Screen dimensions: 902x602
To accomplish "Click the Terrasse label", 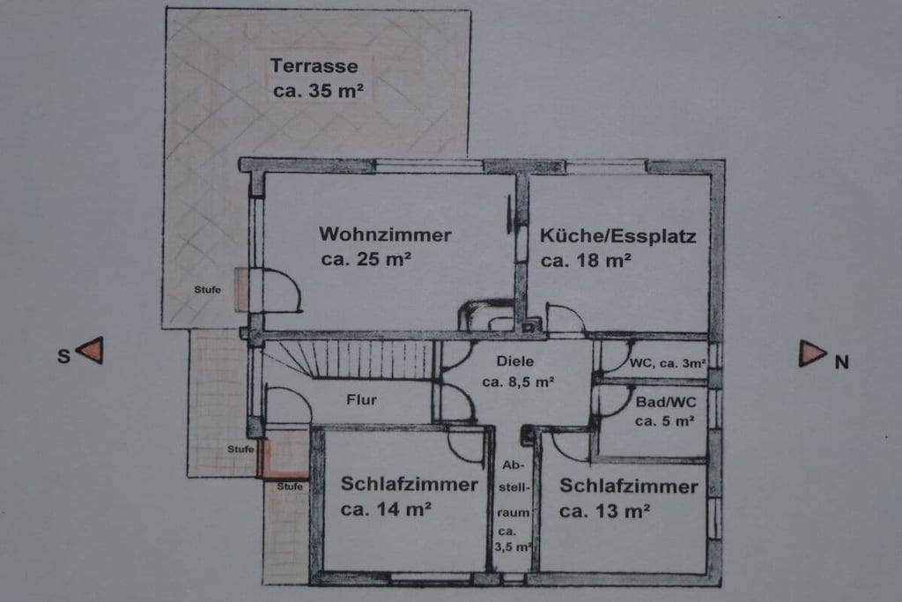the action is pos(314,65).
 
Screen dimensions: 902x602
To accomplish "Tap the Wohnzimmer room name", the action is pos(385,234).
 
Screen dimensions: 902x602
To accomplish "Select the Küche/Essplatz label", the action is pos(617,236).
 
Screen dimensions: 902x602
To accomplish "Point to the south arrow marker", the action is pos(91,351).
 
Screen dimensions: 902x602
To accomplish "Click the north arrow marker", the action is pos(812,354).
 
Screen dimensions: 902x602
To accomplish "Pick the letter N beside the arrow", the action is pos(841,362).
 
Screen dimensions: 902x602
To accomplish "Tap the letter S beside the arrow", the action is pos(63,356).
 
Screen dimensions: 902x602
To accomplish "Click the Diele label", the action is pos(514,361).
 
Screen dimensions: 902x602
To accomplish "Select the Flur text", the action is pos(361,399).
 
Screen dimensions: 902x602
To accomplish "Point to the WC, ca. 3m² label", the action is pos(668,363).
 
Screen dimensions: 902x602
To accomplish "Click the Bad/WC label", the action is pos(666,402).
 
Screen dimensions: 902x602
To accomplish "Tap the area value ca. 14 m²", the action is pos(386,509).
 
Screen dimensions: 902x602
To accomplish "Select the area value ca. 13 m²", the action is pos(604,510).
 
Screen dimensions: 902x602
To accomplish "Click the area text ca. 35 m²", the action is pos(318,91).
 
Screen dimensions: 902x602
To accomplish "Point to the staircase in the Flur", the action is pos(348,359).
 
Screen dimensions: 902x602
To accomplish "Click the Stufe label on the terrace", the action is pos(207,289).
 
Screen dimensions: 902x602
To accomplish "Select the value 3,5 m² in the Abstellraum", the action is pos(514,546).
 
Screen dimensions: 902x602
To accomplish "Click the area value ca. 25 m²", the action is pos(366,259).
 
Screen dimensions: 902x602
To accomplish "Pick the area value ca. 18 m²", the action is pos(586,261).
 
